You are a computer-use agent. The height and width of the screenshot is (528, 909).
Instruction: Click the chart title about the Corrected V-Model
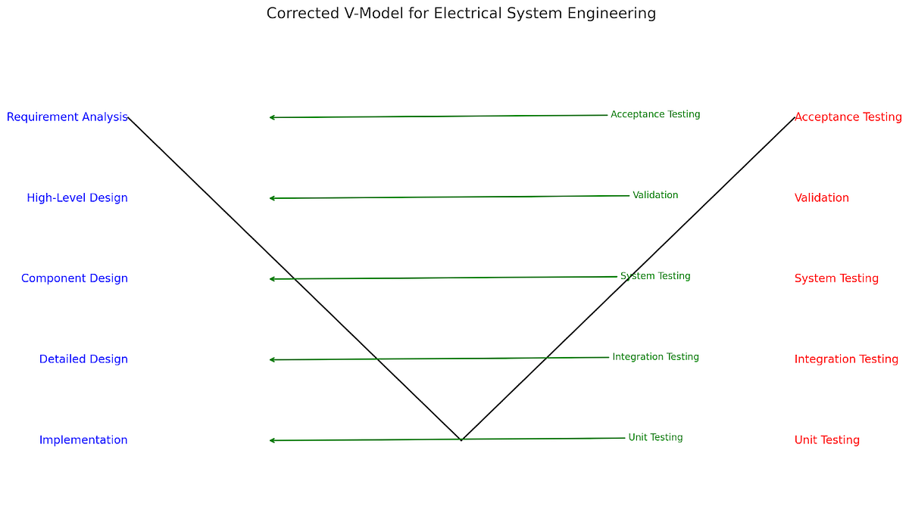pos(461,14)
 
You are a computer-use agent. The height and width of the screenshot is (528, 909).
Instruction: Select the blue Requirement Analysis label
pos(67,117)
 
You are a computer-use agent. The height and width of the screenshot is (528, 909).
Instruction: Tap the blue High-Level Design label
pos(77,198)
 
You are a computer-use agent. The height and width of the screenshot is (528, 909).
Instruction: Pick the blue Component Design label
pos(74,278)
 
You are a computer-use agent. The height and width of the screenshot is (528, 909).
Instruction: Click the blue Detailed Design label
pos(83,359)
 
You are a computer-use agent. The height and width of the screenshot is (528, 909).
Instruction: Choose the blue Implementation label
pos(83,440)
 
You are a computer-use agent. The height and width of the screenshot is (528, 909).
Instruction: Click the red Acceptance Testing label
pos(848,117)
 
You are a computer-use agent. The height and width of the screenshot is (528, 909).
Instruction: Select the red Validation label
pos(821,198)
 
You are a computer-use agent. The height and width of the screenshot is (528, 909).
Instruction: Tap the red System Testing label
pos(836,278)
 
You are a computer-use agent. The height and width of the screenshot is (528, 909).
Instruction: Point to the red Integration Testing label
pos(846,359)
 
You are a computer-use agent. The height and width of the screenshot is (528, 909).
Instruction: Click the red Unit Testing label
pos(826,440)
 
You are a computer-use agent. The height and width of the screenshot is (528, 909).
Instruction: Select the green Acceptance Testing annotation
pos(655,115)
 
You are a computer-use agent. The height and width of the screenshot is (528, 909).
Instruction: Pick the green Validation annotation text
pos(655,195)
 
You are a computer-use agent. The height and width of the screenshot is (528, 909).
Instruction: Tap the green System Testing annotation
pos(655,276)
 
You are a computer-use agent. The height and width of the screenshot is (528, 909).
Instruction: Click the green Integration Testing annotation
pos(655,357)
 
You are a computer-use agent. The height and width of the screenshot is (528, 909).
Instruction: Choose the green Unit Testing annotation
pos(655,437)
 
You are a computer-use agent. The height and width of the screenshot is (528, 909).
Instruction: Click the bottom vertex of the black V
pos(461,439)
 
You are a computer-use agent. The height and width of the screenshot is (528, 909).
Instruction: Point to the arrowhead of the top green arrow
pos(271,117)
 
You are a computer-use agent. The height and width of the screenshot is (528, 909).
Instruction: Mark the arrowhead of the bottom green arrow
pos(271,440)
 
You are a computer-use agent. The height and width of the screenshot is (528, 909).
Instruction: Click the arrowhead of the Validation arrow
pos(271,198)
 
